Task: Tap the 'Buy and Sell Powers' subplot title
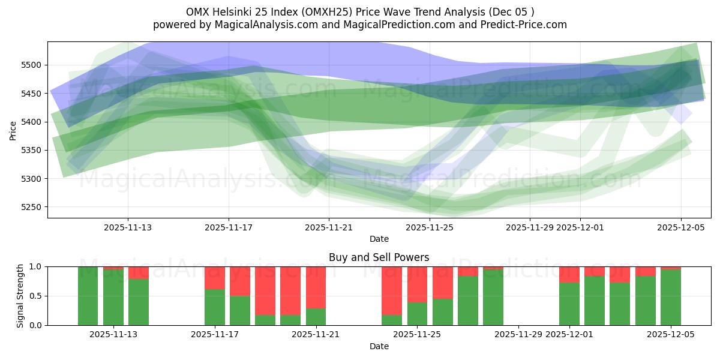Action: [379, 257]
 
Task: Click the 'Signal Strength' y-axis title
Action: [20, 295]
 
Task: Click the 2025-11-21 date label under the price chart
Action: [329, 227]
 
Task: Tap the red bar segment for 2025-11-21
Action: [316, 287]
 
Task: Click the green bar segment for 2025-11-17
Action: [215, 307]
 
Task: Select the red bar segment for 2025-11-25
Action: [417, 284]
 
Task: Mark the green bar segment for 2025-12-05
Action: [670, 297]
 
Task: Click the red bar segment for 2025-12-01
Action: [569, 274]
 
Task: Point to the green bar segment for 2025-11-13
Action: [113, 297]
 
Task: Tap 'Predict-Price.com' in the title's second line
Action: [526, 25]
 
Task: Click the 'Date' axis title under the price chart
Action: [379, 239]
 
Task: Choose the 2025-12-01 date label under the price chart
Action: [580, 227]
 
